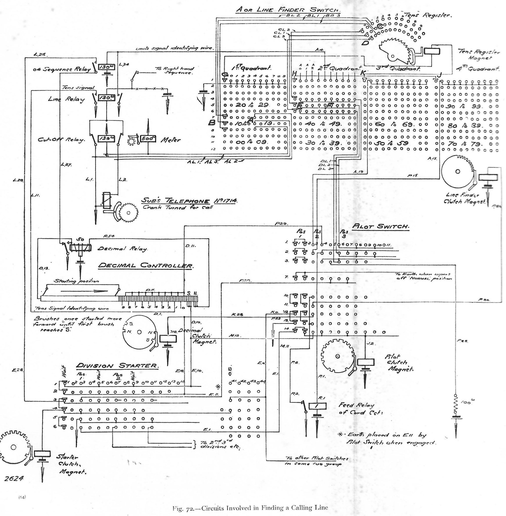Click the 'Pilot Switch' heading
pos(380,227)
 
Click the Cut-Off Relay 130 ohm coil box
pos(107,139)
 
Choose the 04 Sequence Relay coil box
pos(107,68)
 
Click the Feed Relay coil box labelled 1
pos(317,406)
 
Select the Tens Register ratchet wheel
pos(396,52)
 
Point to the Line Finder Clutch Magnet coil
pos(488,177)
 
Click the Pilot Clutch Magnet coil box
pos(366,362)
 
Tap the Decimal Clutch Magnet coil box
pos(168,339)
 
